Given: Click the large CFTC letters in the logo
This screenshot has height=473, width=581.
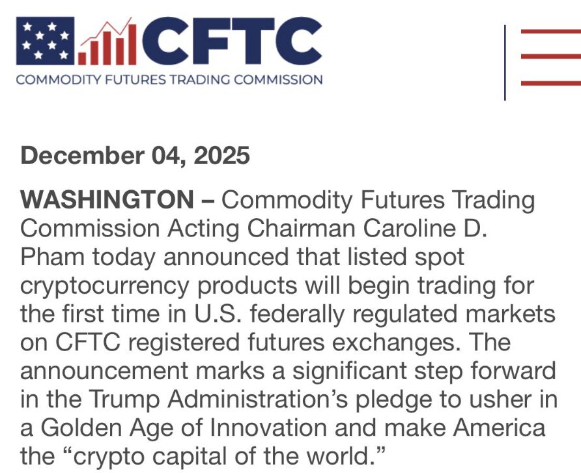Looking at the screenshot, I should (x=231, y=42).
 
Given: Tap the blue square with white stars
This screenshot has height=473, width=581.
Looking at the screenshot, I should (x=45, y=41).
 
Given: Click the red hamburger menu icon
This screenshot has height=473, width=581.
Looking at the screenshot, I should (x=550, y=56).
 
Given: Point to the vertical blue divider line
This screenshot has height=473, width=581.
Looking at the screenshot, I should (x=505, y=63).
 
